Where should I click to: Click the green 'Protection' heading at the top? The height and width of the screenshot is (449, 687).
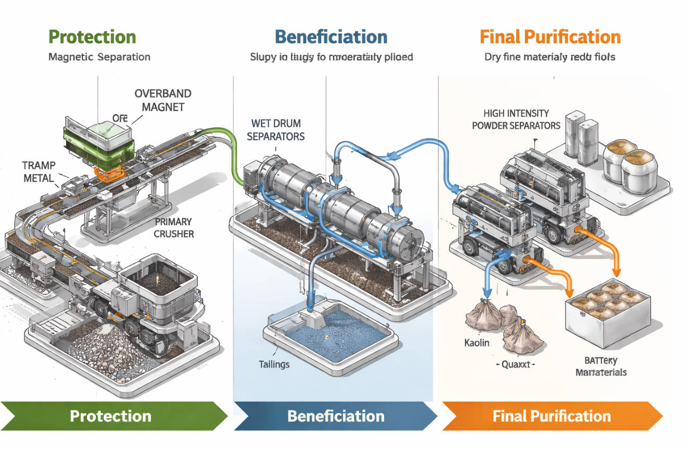coord(92,37)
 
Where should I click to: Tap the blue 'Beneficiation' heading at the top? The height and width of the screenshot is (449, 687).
coord(331,37)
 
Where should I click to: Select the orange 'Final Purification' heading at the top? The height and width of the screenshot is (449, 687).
coord(550,37)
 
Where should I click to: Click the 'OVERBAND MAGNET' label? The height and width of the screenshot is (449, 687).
coord(163,100)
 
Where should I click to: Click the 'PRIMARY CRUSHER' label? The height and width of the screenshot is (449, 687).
coord(174,227)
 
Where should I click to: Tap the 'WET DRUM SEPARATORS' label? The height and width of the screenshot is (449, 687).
coord(275,130)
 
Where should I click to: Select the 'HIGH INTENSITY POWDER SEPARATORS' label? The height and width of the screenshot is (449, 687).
coord(516,119)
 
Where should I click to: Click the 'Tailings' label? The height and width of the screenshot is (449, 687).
coord(274,363)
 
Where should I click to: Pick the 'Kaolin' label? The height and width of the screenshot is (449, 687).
coord(476,343)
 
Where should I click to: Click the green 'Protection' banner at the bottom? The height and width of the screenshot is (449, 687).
coord(111,416)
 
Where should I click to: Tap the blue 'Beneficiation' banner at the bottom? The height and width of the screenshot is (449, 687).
coord(336,416)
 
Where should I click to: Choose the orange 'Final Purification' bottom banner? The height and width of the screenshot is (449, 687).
coord(551,416)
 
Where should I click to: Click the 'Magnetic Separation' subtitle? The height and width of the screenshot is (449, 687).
coord(99,56)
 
